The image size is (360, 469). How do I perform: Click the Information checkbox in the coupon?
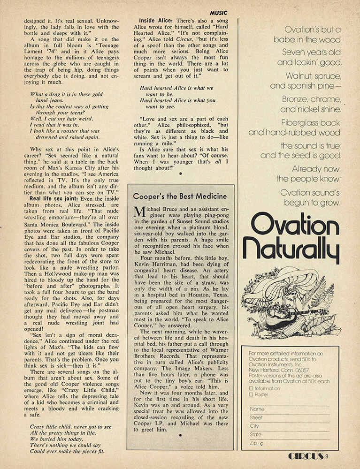point(252,388)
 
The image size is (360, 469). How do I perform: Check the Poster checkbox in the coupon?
point(252,394)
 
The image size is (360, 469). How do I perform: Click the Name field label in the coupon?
point(257,409)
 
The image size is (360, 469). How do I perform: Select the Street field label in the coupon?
point(257,417)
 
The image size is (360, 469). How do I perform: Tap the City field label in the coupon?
point(255,426)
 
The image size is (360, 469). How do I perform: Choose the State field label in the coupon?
point(256,434)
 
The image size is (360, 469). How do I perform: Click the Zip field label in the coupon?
point(253,443)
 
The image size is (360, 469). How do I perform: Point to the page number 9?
point(326,456)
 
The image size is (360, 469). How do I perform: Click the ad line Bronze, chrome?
point(312,99)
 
